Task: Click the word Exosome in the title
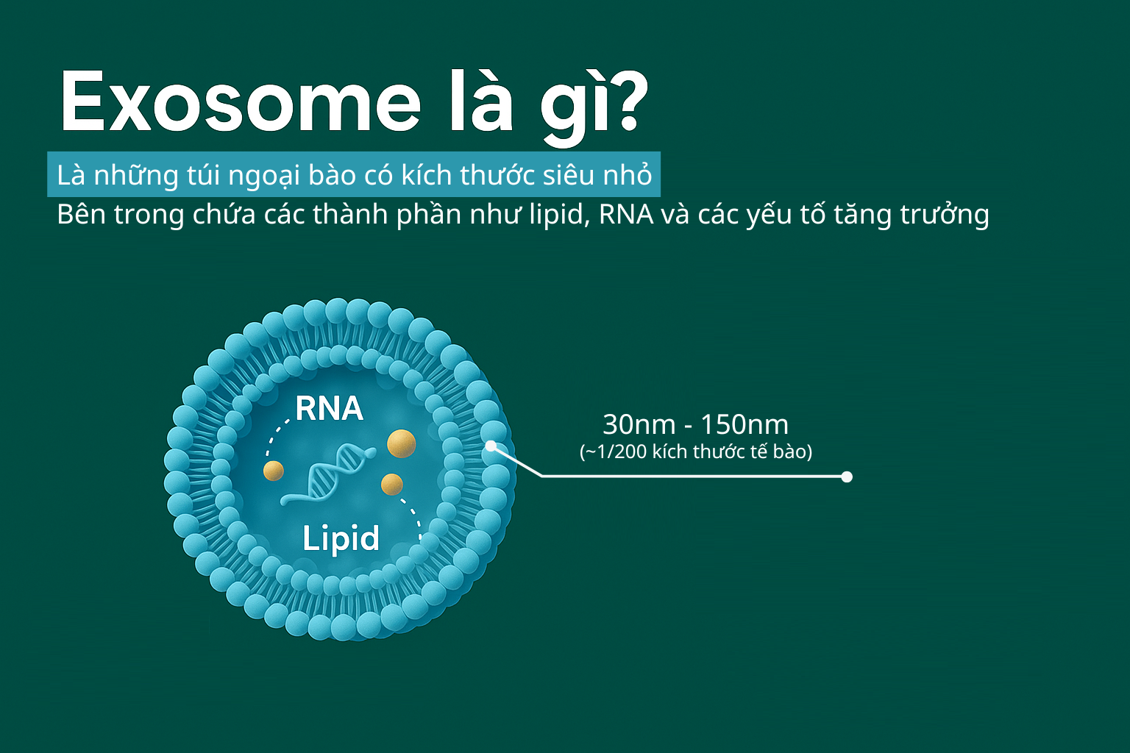coord(241,102)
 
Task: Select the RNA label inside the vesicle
coord(329,408)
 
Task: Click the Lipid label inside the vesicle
coord(341,539)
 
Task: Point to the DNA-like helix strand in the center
coord(329,474)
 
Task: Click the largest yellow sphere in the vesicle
coord(402,444)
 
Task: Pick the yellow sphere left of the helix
coord(274,471)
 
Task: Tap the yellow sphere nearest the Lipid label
coord(392,485)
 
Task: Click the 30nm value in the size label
coord(639,425)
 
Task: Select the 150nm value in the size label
coord(745,425)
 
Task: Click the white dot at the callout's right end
coord(847,477)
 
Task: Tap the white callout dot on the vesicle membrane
coord(491,446)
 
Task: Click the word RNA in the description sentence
coord(626,214)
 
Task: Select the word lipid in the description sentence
coord(559,215)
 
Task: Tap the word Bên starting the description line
coord(81,214)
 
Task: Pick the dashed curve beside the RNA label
coord(277,437)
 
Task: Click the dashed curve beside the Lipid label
coord(412,519)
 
